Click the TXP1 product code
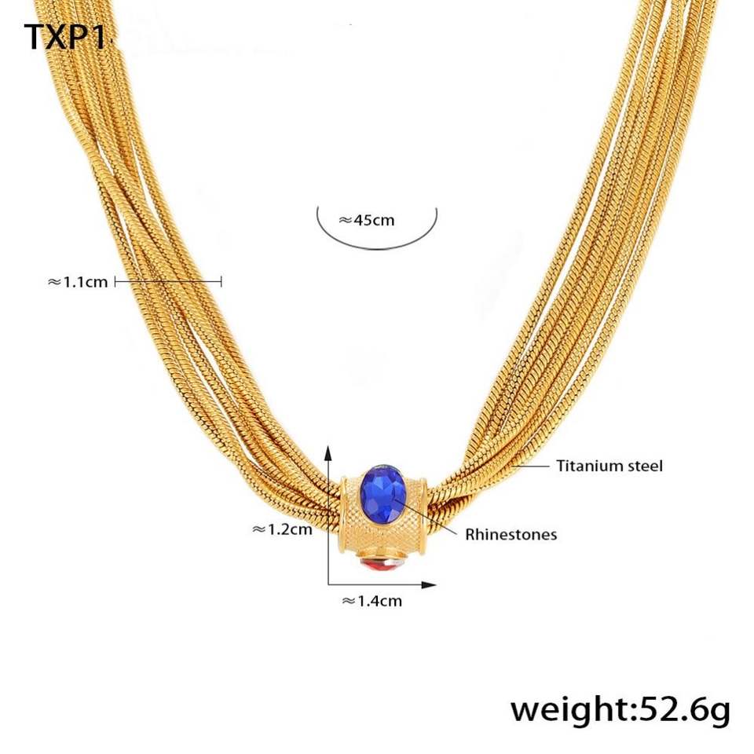click(64, 37)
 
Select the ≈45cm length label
click(367, 220)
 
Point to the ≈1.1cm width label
click(78, 281)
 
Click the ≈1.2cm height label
click(282, 529)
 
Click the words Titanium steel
click(609, 466)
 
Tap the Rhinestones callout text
click(511, 535)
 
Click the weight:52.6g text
click(620, 709)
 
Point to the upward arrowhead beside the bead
click(328, 451)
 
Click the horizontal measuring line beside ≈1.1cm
click(169, 281)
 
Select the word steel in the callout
click(643, 466)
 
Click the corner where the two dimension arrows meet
click(328, 584)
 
